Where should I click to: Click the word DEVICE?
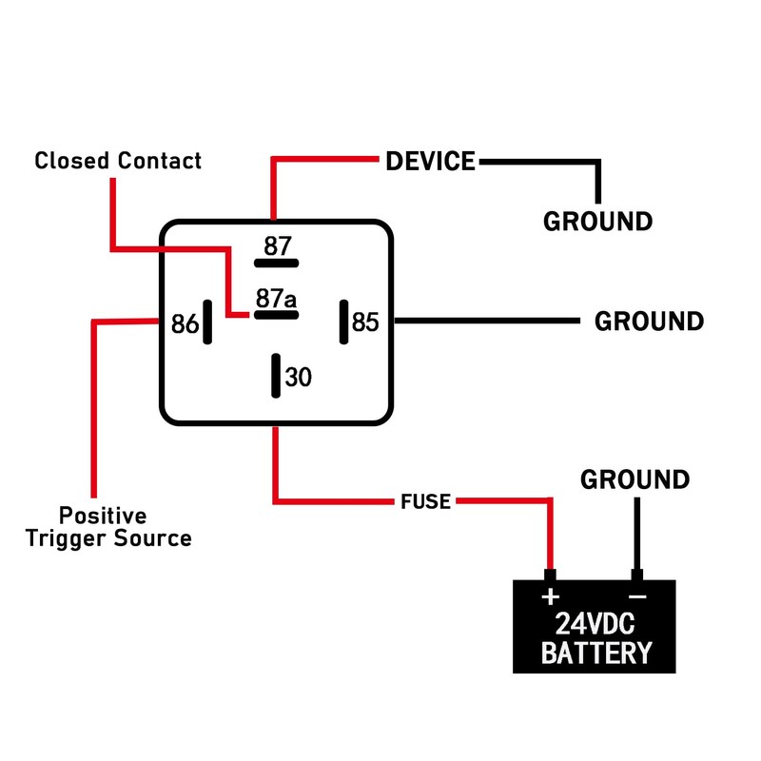click(x=430, y=162)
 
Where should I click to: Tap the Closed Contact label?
click(x=118, y=161)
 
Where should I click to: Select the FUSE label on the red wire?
click(x=425, y=501)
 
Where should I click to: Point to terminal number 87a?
click(x=276, y=300)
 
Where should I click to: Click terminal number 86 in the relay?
click(x=185, y=324)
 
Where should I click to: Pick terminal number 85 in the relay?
click(x=366, y=322)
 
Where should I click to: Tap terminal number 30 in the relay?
click(x=299, y=378)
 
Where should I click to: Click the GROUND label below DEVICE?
click(x=597, y=222)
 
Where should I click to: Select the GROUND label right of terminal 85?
click(x=649, y=322)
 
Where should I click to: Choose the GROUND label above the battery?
click(x=635, y=479)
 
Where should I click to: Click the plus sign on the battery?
click(x=550, y=597)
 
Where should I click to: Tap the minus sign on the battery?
click(x=637, y=597)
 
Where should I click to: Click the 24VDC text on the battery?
click(x=595, y=625)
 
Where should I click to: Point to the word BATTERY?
click(x=595, y=654)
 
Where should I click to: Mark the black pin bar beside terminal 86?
click(x=207, y=323)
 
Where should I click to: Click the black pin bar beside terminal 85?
click(x=342, y=322)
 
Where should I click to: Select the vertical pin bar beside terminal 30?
click(x=275, y=376)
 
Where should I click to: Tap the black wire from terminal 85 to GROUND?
click(x=485, y=322)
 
